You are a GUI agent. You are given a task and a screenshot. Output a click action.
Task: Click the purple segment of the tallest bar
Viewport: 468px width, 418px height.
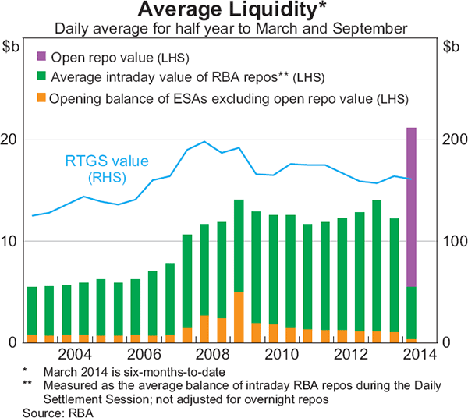pyautogui.click(x=410, y=207)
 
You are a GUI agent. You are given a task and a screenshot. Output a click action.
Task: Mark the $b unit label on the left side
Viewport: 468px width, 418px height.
pyautogui.click(x=12, y=47)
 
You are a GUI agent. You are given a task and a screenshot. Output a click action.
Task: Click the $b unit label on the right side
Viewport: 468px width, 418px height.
pyautogui.click(x=452, y=47)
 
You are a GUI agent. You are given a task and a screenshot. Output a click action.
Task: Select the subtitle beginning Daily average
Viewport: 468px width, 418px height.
pyautogui.click(x=232, y=29)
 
